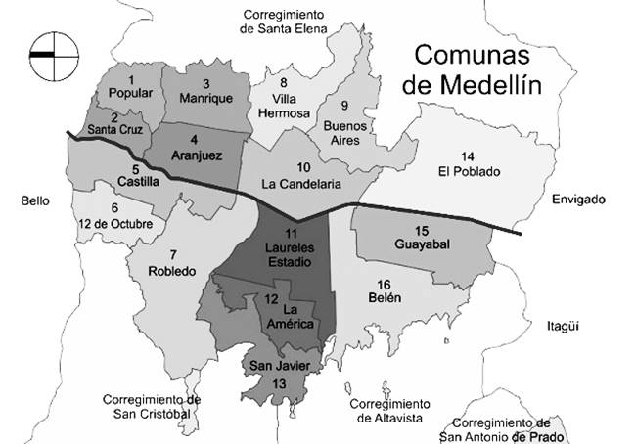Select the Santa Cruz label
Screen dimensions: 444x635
click(x=116, y=128)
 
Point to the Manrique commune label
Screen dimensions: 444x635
click(x=205, y=99)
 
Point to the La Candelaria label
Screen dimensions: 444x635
click(x=301, y=183)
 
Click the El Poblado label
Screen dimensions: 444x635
click(x=469, y=172)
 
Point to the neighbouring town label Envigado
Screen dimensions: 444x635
click(x=577, y=200)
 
